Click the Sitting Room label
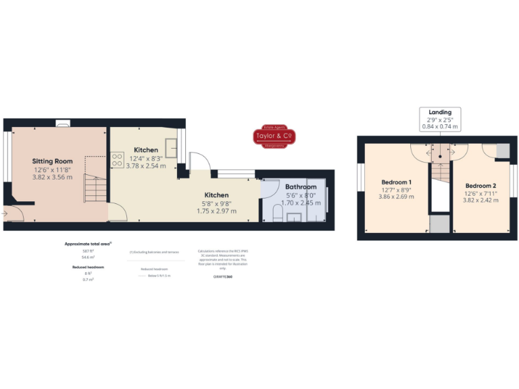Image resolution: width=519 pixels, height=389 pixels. (52, 161)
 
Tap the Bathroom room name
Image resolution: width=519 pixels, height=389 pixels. (301, 187)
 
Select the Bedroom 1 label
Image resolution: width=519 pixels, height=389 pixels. (397, 182)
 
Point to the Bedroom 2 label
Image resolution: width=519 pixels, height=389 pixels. (481, 185)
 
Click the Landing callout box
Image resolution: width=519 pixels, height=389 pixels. (440, 119)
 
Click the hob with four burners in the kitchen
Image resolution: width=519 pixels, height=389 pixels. (116, 161)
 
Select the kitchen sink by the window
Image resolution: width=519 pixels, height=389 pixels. (171, 149)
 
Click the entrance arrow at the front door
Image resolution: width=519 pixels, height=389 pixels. (6, 214)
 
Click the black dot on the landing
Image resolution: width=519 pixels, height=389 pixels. (440, 157)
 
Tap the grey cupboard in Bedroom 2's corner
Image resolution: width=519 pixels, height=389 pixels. (503, 150)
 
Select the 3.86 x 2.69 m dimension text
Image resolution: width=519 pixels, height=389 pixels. (397, 197)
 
